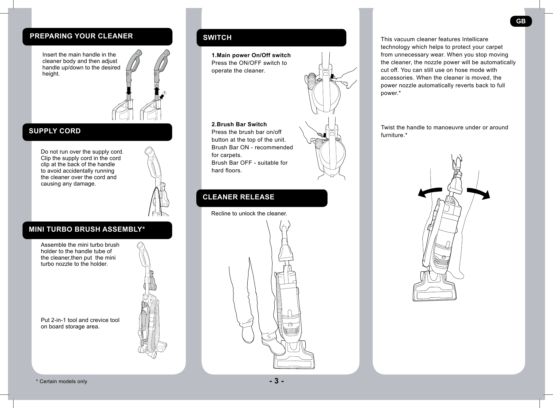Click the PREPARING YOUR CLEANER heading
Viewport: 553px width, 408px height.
point(81,36)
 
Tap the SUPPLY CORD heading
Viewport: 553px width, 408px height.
point(55,131)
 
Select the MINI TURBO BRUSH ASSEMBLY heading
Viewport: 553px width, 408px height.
point(87,229)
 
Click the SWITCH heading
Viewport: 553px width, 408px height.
point(217,38)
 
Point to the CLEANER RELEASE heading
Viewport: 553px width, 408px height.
point(238,197)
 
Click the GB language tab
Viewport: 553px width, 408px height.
point(521,21)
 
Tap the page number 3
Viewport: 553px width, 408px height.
point(276,381)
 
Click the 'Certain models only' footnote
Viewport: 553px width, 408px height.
point(61,382)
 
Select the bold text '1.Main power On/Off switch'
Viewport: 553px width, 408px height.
point(251,55)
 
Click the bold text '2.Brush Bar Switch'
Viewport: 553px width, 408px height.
point(239,124)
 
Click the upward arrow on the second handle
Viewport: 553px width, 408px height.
point(156,91)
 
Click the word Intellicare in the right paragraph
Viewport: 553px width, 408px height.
point(475,39)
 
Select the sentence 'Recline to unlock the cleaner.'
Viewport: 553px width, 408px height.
point(249,214)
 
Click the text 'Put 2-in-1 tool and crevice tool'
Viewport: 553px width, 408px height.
point(80,320)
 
